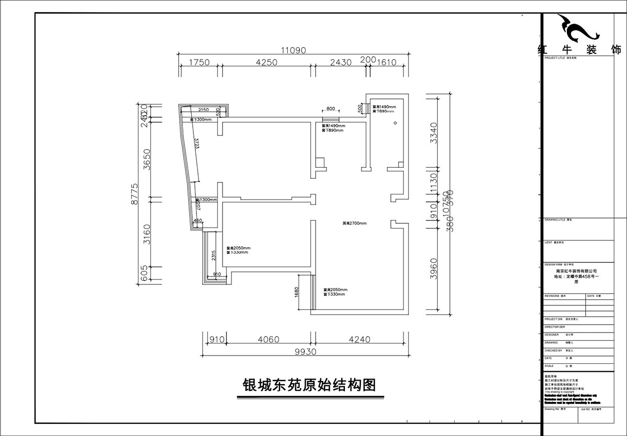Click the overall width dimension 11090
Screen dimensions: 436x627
point(293,50)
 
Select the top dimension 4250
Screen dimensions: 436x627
point(267,62)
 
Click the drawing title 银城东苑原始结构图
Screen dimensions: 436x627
point(310,386)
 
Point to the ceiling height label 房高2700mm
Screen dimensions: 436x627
point(355,223)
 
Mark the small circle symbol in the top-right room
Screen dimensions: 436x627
point(395,123)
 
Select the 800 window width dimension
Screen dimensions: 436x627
point(331,109)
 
